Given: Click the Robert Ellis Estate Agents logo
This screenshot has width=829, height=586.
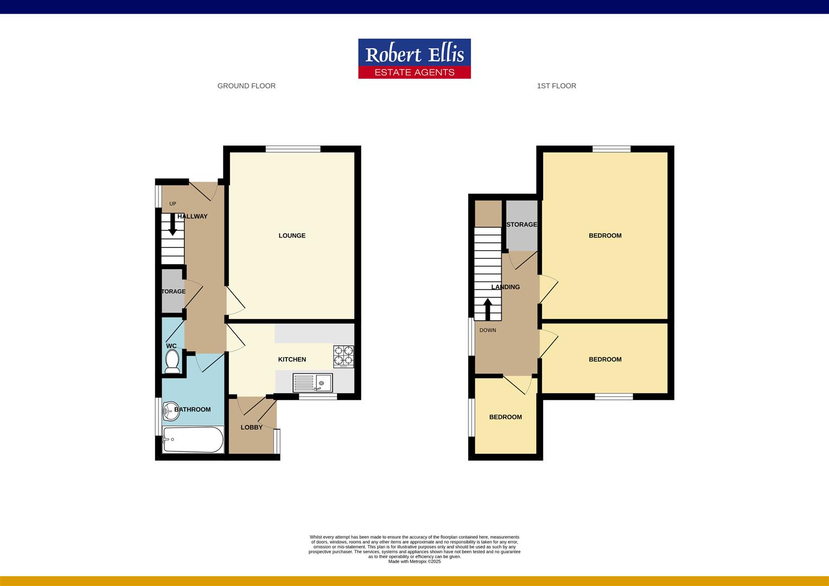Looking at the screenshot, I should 414,59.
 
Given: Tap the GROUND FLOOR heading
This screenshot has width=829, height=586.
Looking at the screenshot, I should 246,86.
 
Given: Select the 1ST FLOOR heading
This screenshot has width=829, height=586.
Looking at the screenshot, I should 556,86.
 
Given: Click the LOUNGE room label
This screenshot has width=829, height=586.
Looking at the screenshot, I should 292,235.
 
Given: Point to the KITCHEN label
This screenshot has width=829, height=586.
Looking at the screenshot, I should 292,359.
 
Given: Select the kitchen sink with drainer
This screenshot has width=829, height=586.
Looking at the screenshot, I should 313,383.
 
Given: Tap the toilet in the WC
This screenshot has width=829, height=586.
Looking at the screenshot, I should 172,361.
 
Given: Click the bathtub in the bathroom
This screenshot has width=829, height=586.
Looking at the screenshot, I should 193,439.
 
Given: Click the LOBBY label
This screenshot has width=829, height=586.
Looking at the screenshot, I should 251,428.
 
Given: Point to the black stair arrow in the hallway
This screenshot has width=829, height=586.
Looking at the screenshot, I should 173,225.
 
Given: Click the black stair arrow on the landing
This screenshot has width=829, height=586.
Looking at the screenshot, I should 487,309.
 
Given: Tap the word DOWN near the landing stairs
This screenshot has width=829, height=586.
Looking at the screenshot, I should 487,330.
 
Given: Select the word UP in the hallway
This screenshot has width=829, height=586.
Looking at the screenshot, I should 173,204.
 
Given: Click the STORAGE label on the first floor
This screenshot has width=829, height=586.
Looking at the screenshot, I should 521,225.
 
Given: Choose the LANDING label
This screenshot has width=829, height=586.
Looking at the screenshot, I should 505,287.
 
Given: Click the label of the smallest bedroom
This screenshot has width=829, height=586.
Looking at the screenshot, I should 505,417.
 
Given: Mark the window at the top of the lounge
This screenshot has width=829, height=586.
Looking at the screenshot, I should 293,149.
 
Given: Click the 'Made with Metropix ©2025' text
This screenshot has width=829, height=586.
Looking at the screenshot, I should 414,562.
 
